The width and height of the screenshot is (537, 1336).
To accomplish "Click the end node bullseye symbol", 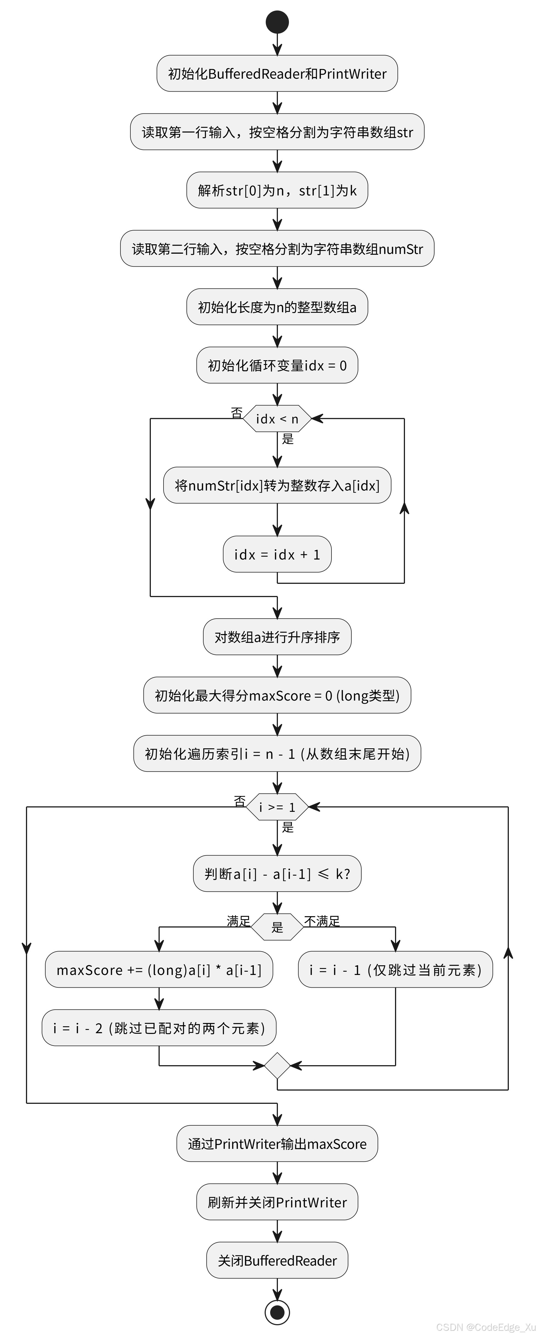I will point(277,1312).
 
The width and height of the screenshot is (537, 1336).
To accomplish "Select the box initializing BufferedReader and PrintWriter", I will point(277,74).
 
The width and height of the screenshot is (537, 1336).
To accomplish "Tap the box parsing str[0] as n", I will point(277,190).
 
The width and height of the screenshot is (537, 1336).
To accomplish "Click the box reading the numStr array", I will point(277,249).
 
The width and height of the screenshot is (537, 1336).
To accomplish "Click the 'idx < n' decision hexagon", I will point(277,418).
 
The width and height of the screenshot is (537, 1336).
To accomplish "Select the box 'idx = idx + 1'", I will point(277,555).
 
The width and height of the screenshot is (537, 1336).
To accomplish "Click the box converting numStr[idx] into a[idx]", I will point(277,486).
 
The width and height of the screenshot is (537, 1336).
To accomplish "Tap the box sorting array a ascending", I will point(277,637).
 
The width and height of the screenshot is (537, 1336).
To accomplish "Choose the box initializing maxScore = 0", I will point(277,696).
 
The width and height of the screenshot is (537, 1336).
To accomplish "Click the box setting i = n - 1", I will point(277,754).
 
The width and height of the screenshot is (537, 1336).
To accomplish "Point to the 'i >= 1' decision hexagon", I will point(277,807).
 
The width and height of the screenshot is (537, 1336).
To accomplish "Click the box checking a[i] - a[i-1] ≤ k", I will point(277,874).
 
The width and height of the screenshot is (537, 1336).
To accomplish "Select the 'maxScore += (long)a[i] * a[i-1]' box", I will point(159,970).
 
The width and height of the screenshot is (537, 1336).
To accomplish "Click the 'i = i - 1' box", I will point(395,970).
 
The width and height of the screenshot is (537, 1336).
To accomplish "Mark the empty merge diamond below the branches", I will point(277,1066).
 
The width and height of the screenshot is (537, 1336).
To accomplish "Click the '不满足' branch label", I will point(322,921).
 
